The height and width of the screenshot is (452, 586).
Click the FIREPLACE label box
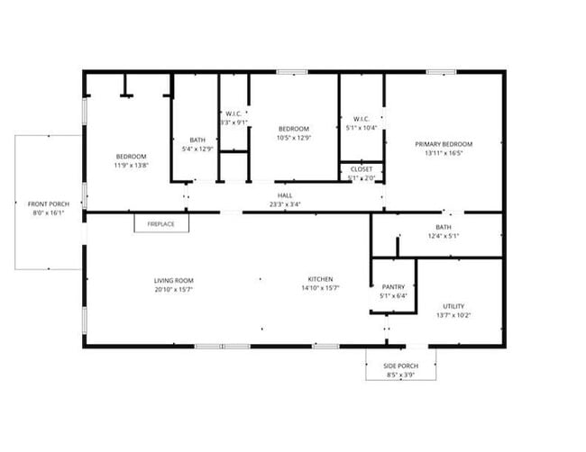pos(161,223)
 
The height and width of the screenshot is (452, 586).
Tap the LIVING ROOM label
pos(173,280)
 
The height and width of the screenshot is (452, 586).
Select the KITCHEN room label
pos(321,280)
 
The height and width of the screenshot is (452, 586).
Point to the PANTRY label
pos(394,287)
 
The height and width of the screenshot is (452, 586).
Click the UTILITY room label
pos(453,306)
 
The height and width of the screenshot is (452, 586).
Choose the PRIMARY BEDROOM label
pos(444,144)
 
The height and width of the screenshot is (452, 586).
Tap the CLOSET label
pos(362,168)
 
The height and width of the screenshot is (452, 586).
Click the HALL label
pos(285,195)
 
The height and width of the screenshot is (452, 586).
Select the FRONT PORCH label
pos(50,204)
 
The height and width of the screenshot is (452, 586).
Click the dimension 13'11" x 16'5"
pos(444,153)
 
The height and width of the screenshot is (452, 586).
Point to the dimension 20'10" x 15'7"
pos(173,289)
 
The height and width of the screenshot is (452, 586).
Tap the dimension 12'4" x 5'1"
pos(444,237)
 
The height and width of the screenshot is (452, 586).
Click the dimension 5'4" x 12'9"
pos(197,149)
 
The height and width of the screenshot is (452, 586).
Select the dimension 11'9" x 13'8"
pos(131,166)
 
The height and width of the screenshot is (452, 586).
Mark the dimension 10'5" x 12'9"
pos(294,138)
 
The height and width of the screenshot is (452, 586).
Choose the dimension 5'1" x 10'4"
pos(362,128)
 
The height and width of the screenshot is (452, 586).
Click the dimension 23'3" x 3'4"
pos(285,204)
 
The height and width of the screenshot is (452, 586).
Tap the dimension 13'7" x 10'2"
pos(453,315)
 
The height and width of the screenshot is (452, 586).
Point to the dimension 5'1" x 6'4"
pos(394,296)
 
